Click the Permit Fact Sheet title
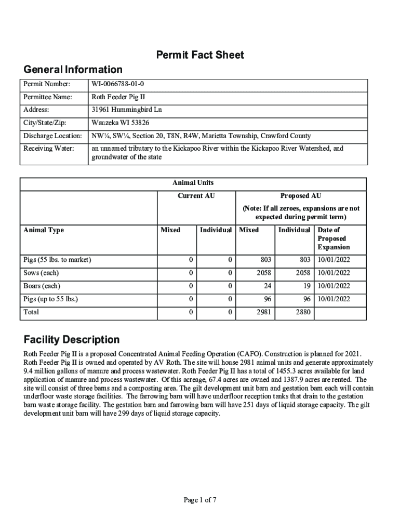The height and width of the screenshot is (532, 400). click(200, 55)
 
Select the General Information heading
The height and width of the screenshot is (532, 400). click(73, 70)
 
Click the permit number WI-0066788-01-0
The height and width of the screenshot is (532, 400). click(118, 84)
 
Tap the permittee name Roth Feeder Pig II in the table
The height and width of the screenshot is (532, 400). click(118, 97)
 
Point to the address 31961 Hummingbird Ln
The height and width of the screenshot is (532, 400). click(127, 110)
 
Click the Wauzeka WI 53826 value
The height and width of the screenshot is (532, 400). click(121, 123)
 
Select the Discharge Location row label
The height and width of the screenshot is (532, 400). click(52, 136)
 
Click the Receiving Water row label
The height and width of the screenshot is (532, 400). click(48, 149)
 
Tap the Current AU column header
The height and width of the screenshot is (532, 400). click(196, 196)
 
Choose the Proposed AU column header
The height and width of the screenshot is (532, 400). click(301, 196)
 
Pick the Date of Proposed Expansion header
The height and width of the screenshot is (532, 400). click(334, 238)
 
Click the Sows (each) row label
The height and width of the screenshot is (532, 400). click(41, 273)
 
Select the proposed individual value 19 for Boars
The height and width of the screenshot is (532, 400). click(306, 286)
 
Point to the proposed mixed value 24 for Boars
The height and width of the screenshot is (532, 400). click(266, 286)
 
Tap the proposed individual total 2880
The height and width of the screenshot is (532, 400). click(302, 312)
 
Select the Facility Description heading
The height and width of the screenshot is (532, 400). click(72, 340)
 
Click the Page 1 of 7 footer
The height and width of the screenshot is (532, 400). click(200, 500)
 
